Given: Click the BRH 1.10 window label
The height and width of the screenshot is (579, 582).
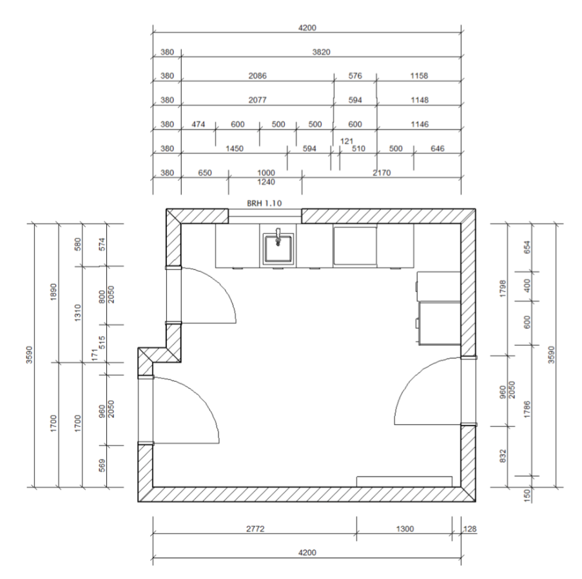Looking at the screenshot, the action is [x=264, y=204].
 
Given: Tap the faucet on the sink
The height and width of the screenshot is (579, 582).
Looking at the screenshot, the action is [x=278, y=237].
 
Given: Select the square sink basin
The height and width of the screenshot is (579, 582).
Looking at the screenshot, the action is [x=278, y=249].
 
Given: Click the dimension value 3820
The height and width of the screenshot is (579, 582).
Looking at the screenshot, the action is [x=321, y=52].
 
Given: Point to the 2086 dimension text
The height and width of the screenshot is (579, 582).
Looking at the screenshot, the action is [x=257, y=75].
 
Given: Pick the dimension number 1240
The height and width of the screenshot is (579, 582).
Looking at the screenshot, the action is [x=266, y=182].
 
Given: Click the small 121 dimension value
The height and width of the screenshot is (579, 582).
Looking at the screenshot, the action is [x=346, y=141].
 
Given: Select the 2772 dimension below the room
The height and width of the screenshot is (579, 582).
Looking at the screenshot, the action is [x=255, y=529].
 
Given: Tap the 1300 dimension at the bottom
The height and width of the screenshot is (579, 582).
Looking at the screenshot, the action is [x=405, y=529].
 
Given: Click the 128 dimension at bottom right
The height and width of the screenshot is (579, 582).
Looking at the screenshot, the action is [x=470, y=529].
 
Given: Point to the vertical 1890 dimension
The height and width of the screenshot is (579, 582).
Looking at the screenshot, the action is [x=54, y=292].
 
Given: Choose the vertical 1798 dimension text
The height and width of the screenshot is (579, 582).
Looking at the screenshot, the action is [x=503, y=288].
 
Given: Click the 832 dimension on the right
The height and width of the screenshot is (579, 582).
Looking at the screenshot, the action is [x=503, y=456].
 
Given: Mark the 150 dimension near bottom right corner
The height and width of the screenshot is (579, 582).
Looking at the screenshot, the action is [x=527, y=494].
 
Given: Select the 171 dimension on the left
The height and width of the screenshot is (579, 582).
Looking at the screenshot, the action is [x=95, y=355].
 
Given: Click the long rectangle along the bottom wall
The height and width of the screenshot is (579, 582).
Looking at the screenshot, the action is [x=404, y=482].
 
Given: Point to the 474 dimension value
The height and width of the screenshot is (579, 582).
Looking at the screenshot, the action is [x=199, y=124].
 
